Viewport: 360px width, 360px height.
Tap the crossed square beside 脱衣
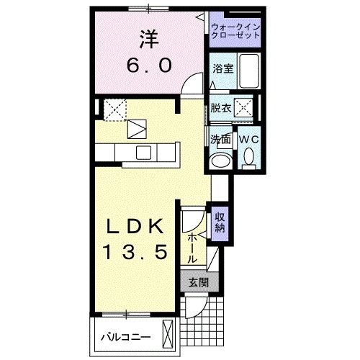(x=245, y=109)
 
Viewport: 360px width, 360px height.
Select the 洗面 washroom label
(x=220, y=138)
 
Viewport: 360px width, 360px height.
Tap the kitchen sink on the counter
(x=143, y=152)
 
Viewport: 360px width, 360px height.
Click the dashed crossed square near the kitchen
(x=115, y=109)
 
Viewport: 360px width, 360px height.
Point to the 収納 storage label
(x=219, y=222)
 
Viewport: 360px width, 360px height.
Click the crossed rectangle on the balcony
(x=168, y=334)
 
